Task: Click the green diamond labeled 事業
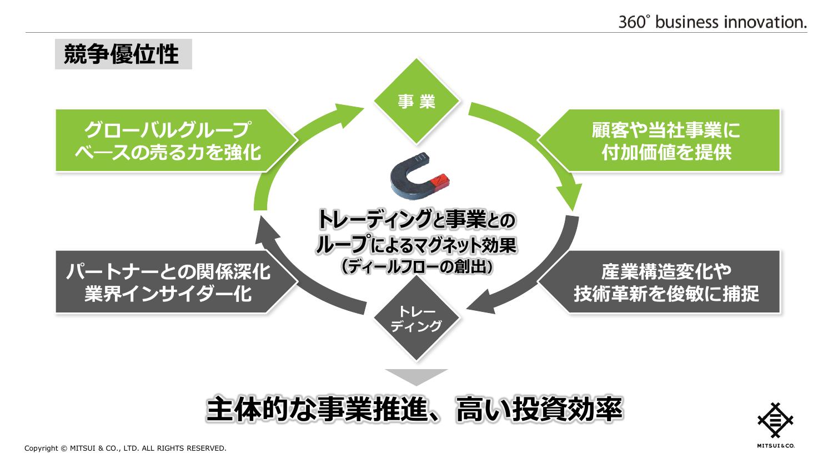click(x=416, y=100)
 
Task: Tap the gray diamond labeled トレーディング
click(x=416, y=318)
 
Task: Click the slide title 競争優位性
click(x=122, y=54)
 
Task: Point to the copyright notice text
click(x=126, y=448)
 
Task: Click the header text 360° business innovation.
click(x=712, y=22)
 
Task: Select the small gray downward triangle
click(x=416, y=376)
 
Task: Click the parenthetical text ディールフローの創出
click(x=416, y=267)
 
